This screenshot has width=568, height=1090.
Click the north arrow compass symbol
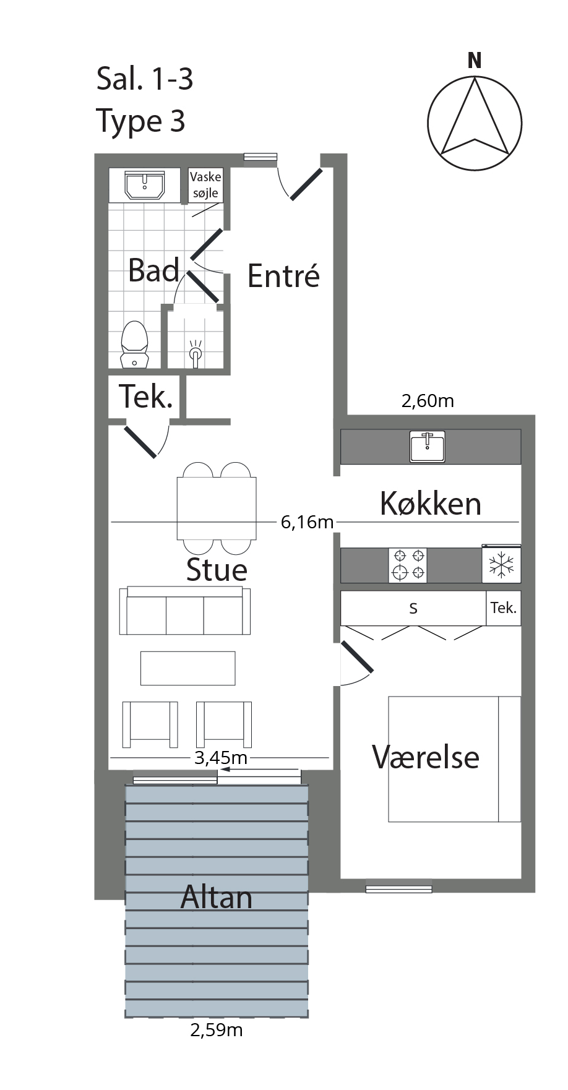pyautogui.click(x=475, y=122)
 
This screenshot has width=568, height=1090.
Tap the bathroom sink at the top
pyautogui.click(x=145, y=186)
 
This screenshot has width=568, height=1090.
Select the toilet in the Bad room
pyautogui.click(x=135, y=344)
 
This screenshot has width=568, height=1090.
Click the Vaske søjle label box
pyautogui.click(x=205, y=185)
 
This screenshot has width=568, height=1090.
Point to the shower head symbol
pyautogui.click(x=195, y=353)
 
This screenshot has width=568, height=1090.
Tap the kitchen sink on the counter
pyautogui.click(x=427, y=447)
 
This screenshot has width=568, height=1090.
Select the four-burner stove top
pyautogui.click(x=408, y=565)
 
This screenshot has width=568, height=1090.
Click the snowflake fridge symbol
pyautogui.click(x=501, y=565)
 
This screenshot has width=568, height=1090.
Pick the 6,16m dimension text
pyautogui.click(x=307, y=522)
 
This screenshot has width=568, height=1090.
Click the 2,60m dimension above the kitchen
pyautogui.click(x=428, y=401)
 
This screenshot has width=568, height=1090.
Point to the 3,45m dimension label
pyautogui.click(x=221, y=757)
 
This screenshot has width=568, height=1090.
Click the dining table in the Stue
pyautogui.click(x=217, y=509)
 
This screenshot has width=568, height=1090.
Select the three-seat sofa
pyautogui.click(x=185, y=611)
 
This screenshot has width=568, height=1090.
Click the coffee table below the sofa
pyautogui.click(x=188, y=668)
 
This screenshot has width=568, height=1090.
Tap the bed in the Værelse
pyautogui.click(x=454, y=759)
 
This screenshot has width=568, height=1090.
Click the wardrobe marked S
pyautogui.click(x=413, y=608)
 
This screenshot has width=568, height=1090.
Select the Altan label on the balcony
pyautogui.click(x=217, y=897)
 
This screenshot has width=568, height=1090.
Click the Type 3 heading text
pyautogui.click(x=141, y=121)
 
